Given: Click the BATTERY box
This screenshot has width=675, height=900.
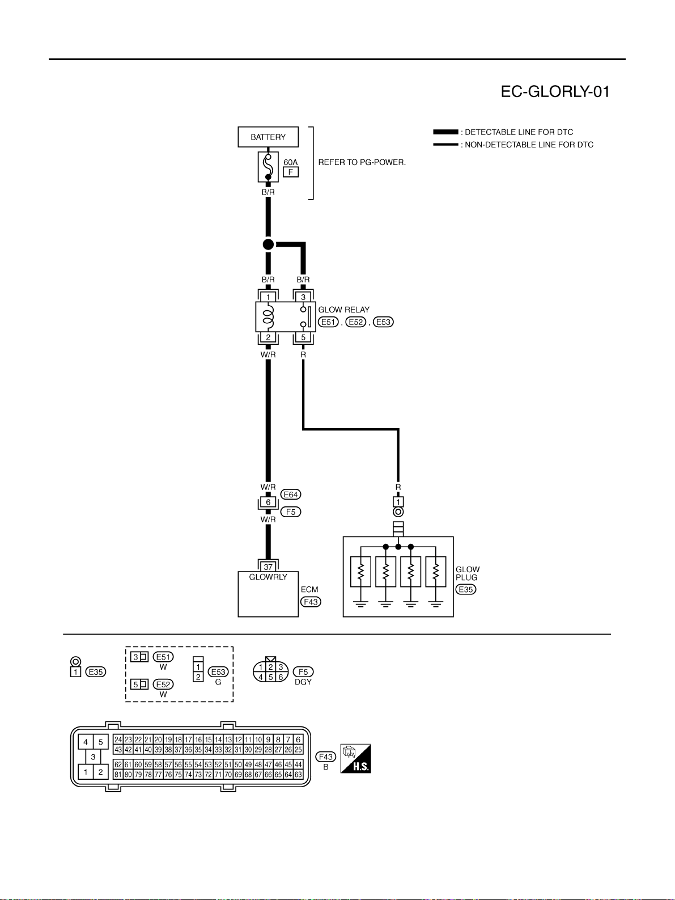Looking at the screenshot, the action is click(x=268, y=137).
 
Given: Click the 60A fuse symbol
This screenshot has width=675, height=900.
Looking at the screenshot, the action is click(x=268, y=167).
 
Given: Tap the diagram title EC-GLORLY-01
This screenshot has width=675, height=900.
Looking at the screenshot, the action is click(x=555, y=91).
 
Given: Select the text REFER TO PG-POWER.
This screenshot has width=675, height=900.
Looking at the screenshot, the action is click(x=362, y=162).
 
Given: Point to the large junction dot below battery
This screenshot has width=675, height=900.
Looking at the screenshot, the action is click(x=268, y=244).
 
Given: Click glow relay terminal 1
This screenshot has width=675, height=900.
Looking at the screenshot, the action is click(x=268, y=297).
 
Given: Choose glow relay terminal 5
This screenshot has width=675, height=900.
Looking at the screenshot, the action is click(x=303, y=337).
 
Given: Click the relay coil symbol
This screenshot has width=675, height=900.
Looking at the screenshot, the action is click(x=268, y=316).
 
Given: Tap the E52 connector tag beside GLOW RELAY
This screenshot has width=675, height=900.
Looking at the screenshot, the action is click(x=355, y=322).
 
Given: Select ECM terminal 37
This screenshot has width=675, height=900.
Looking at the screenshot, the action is click(x=268, y=567).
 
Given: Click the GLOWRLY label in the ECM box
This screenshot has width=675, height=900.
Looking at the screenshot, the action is click(x=268, y=577).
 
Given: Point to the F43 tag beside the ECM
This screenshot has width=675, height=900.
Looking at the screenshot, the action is click(x=311, y=602).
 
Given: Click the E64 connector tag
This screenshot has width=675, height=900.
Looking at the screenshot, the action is click(x=290, y=495).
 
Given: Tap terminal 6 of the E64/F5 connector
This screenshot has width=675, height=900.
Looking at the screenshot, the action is click(x=268, y=502).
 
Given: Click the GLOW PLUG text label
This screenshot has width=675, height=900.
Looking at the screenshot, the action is click(x=468, y=573).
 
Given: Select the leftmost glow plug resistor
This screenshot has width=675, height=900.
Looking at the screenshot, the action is click(x=360, y=572).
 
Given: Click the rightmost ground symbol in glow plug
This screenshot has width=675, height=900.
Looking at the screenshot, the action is click(x=435, y=604).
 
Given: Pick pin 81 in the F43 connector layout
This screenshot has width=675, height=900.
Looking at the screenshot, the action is click(x=118, y=775).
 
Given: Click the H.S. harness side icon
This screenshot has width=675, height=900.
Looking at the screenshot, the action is click(x=355, y=759).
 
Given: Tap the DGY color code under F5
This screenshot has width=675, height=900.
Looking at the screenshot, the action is click(x=303, y=682).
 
